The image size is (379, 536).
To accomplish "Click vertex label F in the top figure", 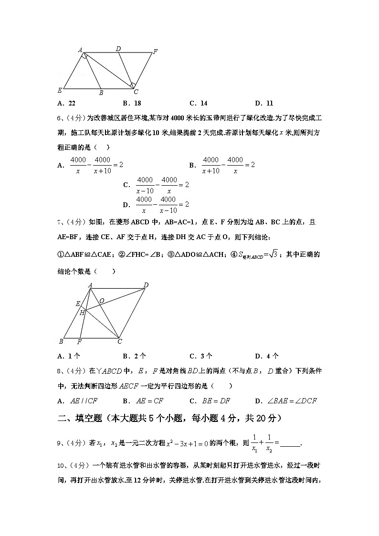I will [155, 52].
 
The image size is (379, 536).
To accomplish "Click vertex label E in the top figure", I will [60, 90].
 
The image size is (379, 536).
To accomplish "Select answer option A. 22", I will [66, 103].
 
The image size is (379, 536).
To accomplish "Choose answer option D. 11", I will [264, 103].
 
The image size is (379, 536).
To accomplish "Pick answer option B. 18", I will [132, 103].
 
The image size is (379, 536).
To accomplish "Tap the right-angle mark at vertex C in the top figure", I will [133, 85].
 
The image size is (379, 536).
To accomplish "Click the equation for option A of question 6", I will [97, 165].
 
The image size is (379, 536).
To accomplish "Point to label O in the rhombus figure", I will [102, 301].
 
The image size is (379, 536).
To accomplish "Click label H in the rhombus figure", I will [82, 312].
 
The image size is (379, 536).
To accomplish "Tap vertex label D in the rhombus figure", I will [146, 285].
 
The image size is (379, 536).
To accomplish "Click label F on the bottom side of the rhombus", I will [79, 342].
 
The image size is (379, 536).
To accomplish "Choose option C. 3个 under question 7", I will [201, 356].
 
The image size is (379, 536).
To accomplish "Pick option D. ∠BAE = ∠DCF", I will [286, 401].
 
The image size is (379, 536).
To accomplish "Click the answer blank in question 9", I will [290, 444].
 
